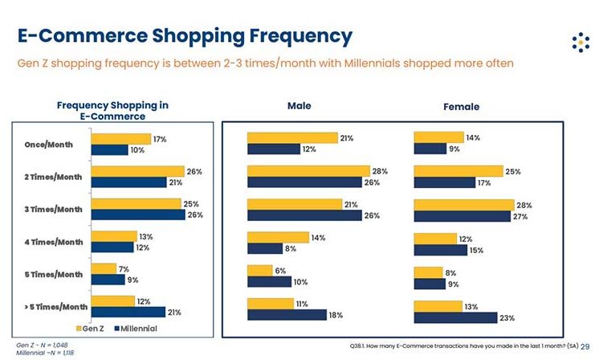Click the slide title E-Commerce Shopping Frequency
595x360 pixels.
pyautogui.click(x=184, y=35)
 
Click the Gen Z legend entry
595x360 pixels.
pyautogui.click(x=90, y=329)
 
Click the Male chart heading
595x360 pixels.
pyautogui.click(x=299, y=106)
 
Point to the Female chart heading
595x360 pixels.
pyautogui.click(x=461, y=107)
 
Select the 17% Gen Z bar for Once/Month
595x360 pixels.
pyautogui.click(x=120, y=139)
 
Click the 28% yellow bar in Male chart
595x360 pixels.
pyautogui.click(x=308, y=171)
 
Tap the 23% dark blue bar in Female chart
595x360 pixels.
pyautogui.click(x=455, y=317)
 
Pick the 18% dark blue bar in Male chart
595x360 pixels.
pyautogui.click(x=287, y=315)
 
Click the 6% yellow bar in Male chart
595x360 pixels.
pyautogui.click(x=260, y=271)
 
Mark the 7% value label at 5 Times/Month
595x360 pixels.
pyautogui.click(x=124, y=269)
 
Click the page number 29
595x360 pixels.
pyautogui.click(x=585, y=347)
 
